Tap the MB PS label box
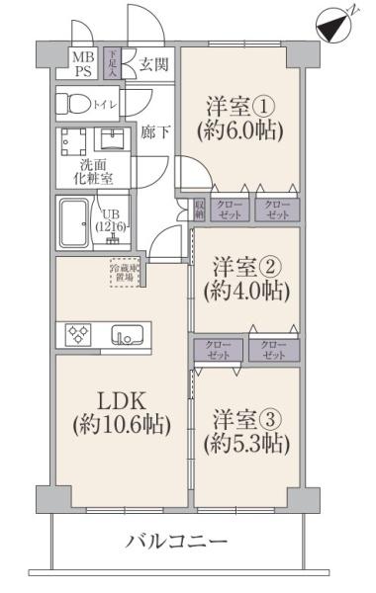click(80, 65)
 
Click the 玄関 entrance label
click(152, 65)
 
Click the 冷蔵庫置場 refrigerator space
click(124, 271)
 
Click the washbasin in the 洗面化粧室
click(112, 139)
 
